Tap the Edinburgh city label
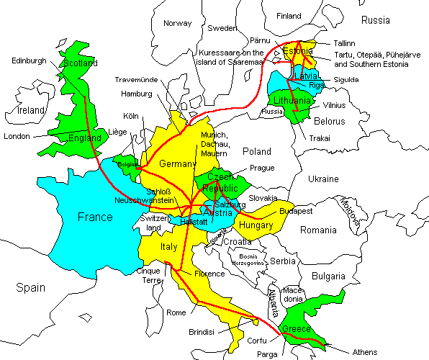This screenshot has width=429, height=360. tap(28, 60)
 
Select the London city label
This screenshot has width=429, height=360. tap(17, 136)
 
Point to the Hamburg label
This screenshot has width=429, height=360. tap(136, 94)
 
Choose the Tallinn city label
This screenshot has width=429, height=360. tap(345, 43)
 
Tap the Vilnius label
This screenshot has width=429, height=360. tap(335, 105)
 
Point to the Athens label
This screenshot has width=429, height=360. tap(364, 352)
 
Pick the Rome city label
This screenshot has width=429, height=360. tap(176, 312)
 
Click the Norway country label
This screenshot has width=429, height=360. tap(177, 23)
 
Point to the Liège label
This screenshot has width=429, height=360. tap(117, 132)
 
